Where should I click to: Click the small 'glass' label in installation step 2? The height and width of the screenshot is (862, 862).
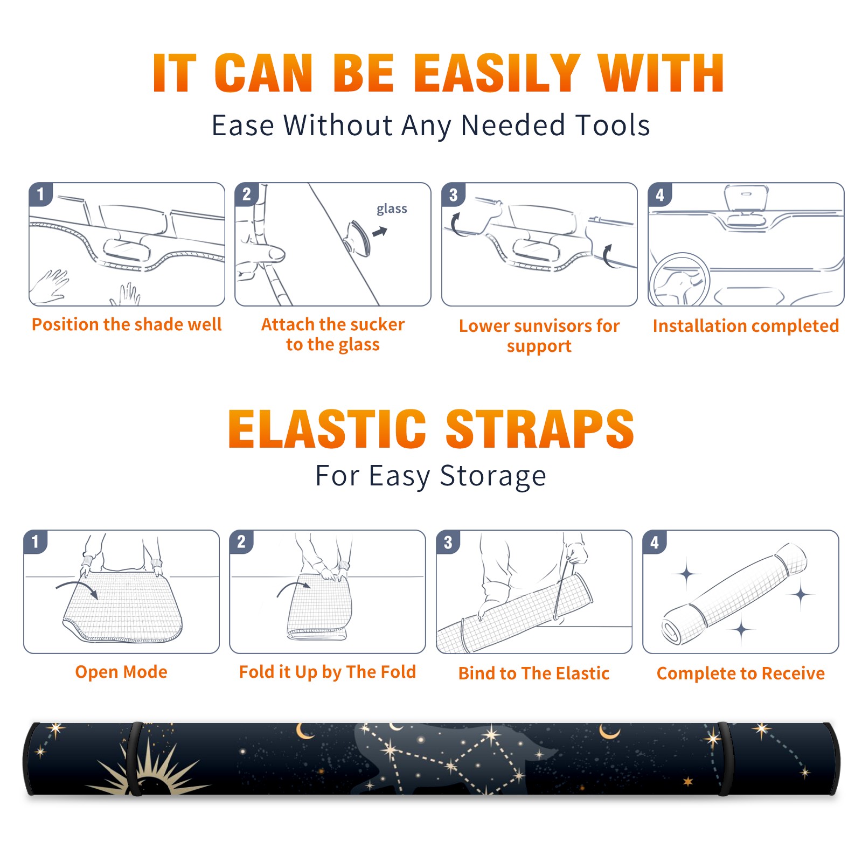pyautogui.click(x=392, y=209)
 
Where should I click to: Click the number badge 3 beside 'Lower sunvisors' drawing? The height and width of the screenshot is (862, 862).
pyautogui.click(x=453, y=194)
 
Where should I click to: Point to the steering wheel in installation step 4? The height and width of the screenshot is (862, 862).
pyautogui.click(x=679, y=280)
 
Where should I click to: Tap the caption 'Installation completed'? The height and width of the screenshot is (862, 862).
pyautogui.click(x=746, y=325)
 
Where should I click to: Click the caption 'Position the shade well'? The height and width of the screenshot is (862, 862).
pyautogui.click(x=127, y=324)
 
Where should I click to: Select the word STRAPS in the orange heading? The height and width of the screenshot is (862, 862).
pyautogui.click(x=540, y=429)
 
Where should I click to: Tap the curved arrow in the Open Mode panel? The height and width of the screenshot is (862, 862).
pyautogui.click(x=77, y=588)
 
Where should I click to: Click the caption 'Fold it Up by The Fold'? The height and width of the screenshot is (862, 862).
pyautogui.click(x=328, y=672)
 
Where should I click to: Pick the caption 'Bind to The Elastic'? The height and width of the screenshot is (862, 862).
pyautogui.click(x=534, y=673)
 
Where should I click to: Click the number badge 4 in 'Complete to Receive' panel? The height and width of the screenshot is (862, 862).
pyautogui.click(x=655, y=542)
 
